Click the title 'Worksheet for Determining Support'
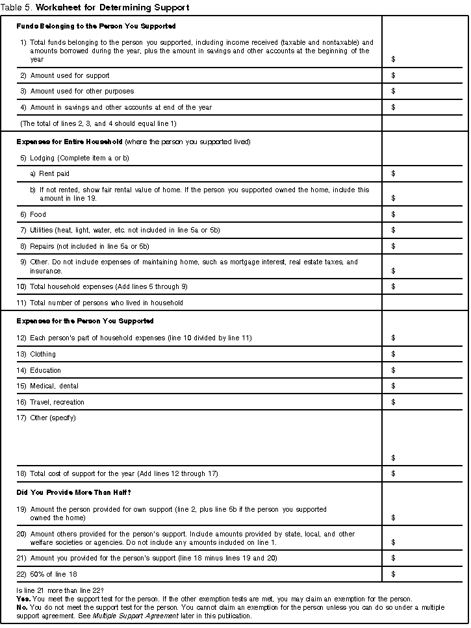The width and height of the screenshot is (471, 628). click(112, 8)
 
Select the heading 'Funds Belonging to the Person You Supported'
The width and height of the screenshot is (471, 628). click(96, 26)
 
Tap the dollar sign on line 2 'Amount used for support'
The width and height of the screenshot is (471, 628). click(394, 76)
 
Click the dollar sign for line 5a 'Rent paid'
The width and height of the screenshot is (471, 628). click(394, 174)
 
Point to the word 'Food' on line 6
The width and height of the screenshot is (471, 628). click(38, 214)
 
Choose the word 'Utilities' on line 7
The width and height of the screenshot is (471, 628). click(42, 231)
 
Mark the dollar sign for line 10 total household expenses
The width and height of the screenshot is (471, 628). click(394, 286)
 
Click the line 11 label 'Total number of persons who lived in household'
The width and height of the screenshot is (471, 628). click(107, 303)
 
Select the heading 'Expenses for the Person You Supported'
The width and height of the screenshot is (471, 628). click(85, 321)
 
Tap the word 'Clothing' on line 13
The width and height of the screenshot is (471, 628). click(43, 355)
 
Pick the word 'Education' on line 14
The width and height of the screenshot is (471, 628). click(45, 370)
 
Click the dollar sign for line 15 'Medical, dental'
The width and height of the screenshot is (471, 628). click(394, 386)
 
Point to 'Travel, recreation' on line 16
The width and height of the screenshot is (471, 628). click(57, 402)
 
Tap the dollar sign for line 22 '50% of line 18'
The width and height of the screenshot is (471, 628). click(394, 574)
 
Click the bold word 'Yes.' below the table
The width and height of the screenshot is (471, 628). click(23, 599)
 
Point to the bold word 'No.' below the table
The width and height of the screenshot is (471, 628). click(21, 607)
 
